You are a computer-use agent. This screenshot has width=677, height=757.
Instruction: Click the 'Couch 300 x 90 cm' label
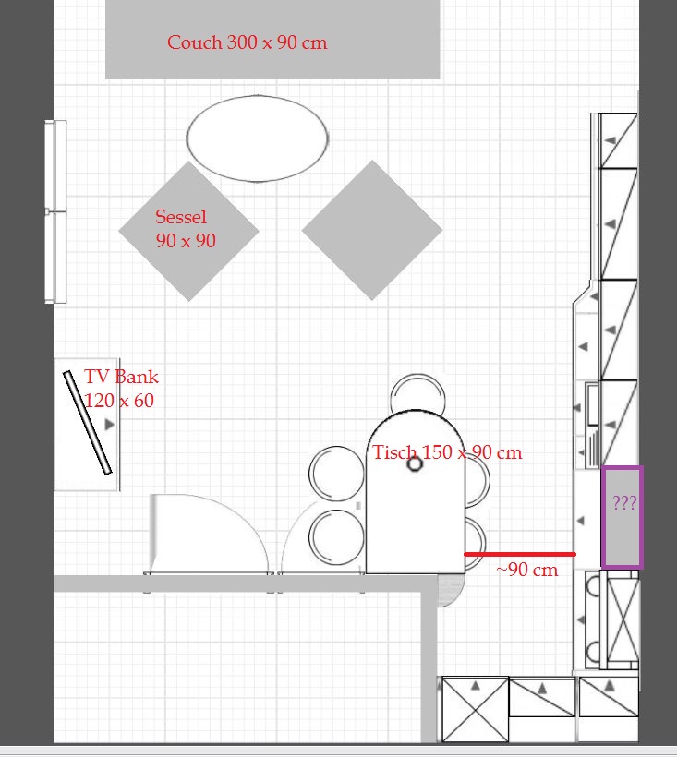tap(248, 42)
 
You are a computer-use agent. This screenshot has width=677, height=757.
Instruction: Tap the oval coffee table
tap(258, 138)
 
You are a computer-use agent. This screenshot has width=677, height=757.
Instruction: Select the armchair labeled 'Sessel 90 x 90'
tap(188, 231)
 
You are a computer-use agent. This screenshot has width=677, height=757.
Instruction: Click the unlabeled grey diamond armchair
tap(372, 230)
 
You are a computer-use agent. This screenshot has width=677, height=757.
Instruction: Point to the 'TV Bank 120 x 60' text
tap(121, 388)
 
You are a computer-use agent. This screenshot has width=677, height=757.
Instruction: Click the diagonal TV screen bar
tap(88, 423)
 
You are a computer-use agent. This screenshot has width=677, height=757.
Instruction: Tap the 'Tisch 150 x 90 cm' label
tap(447, 452)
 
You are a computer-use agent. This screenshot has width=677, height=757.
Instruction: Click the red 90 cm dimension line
tap(520, 554)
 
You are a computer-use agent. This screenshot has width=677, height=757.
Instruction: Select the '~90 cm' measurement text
tap(526, 570)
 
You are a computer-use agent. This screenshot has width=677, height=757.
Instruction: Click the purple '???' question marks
tap(624, 502)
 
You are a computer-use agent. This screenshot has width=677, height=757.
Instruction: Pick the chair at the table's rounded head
tap(417, 393)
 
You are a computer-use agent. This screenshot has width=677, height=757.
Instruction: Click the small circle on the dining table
tap(415, 464)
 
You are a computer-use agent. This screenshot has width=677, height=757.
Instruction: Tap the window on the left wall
tap(56, 211)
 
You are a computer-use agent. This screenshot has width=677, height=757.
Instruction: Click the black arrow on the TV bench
tap(110, 425)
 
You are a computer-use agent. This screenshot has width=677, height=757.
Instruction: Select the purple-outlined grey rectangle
tap(622, 517)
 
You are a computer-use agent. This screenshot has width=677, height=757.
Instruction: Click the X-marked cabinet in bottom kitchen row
tap(475, 709)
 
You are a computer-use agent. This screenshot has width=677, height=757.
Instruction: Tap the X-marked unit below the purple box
tap(623, 619)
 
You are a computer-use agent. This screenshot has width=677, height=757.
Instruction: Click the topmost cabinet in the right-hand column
tap(618, 140)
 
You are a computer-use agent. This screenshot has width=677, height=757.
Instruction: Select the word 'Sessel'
tap(181, 217)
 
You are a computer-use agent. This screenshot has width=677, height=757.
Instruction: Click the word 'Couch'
tap(195, 42)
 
